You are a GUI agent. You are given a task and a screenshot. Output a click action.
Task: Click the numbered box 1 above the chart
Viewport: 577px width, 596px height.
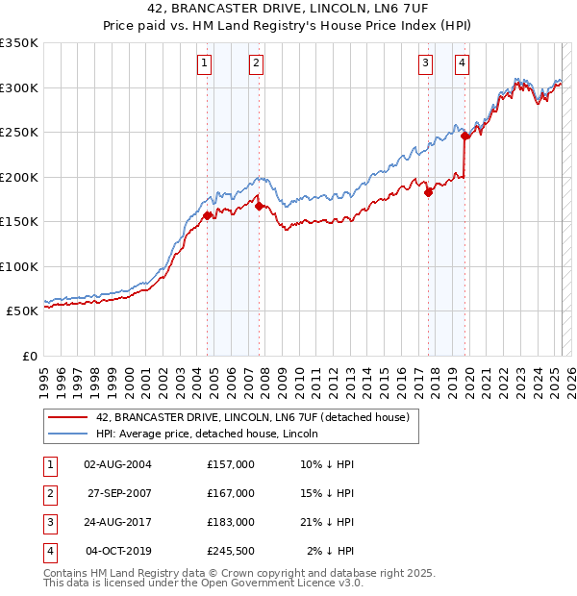click(x=206, y=64)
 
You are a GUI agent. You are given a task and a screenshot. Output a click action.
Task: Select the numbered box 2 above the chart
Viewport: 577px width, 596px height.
click(x=257, y=64)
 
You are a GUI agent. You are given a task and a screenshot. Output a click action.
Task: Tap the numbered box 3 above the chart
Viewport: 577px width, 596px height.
click(x=425, y=64)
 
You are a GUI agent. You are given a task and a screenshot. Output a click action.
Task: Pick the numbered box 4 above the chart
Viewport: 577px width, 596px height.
click(x=463, y=64)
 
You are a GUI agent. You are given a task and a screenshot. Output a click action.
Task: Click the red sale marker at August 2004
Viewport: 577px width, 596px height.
click(x=207, y=215)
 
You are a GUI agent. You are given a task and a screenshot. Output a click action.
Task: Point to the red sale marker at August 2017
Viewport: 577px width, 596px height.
click(x=429, y=191)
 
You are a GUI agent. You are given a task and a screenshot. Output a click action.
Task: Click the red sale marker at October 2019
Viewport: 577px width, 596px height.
click(x=465, y=137)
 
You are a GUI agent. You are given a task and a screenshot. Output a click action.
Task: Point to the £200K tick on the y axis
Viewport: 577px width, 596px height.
click(x=18, y=177)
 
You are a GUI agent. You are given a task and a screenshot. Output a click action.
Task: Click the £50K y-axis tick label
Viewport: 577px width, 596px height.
click(x=21, y=311)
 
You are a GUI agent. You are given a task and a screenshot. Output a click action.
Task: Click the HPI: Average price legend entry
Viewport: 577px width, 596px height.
click(x=207, y=434)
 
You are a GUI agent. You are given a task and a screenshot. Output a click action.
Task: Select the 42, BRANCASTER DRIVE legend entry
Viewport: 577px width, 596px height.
click(x=252, y=417)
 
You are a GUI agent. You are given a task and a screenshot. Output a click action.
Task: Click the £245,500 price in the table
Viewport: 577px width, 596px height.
click(x=230, y=551)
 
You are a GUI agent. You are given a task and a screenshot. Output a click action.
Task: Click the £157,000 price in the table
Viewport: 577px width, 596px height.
click(x=230, y=464)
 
